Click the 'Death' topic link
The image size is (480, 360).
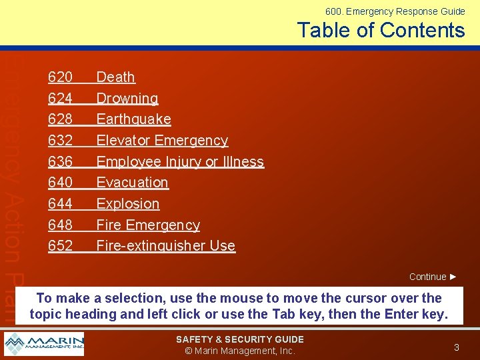115,77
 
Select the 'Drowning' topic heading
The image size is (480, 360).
127,99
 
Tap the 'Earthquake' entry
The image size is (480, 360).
133,119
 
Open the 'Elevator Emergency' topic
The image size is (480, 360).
162,141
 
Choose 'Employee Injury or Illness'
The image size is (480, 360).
180,162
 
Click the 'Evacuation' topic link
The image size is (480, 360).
132,183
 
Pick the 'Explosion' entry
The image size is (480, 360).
128,204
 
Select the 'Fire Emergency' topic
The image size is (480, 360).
148,225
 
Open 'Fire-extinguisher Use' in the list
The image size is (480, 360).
165,246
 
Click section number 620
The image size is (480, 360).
60,77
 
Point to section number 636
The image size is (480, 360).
60,162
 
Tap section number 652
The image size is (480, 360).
60,246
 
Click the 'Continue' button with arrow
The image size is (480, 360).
433,277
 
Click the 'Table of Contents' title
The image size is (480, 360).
381,30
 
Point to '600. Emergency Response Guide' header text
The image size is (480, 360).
395,11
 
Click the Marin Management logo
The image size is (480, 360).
44,344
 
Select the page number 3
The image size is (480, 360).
456,347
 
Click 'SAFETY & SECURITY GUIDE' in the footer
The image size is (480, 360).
239,339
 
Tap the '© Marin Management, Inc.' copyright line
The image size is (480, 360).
239,351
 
